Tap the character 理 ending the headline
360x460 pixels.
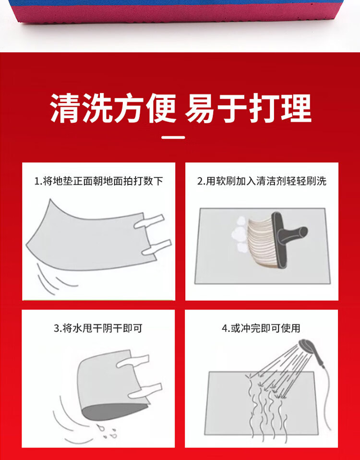click(296, 108)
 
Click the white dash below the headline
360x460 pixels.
click(173, 137)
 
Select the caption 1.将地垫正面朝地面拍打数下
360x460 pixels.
click(98, 181)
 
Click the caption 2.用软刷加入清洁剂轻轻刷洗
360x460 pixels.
click(262, 181)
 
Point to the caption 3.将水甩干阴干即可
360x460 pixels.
click(98, 328)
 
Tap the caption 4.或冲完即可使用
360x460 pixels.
click(261, 328)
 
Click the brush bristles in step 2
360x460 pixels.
click(262, 242)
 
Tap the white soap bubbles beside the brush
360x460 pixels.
click(240, 235)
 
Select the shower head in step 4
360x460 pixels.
click(308, 347)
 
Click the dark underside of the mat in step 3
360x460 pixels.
click(114, 412)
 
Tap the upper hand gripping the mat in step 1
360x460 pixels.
click(149, 221)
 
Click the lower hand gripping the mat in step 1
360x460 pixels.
click(156, 247)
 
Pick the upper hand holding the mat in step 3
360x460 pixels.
click(133, 361)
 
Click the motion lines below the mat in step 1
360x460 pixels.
click(54, 278)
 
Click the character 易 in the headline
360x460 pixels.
click(199, 108)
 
